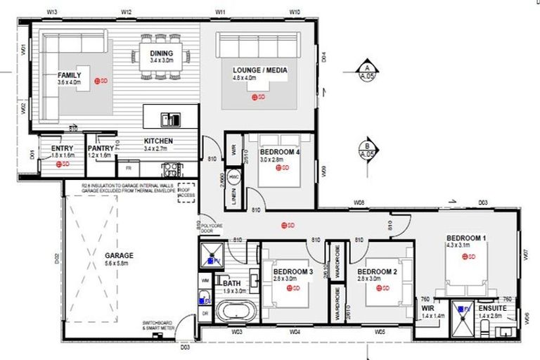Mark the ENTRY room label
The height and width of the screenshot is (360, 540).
pyautogui.click(x=63, y=148)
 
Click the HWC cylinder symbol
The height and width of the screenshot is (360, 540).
pyautogui.click(x=234, y=177)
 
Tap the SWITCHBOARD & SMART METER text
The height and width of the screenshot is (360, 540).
pyautogui.click(x=157, y=326)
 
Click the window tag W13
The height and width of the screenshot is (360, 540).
pyautogui.click(x=51, y=13)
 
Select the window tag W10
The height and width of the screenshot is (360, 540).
pyautogui.click(x=295, y=13)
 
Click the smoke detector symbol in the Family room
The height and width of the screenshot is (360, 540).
pyautogui.click(x=101, y=82)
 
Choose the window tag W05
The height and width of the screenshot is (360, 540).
pyautogui.click(x=380, y=330)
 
